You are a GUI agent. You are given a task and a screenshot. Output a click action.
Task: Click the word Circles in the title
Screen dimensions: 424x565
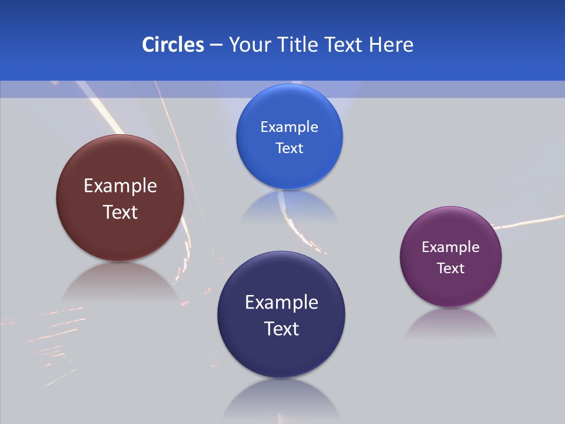click(173, 45)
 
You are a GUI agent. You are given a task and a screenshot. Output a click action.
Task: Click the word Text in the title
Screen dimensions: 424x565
click(344, 45)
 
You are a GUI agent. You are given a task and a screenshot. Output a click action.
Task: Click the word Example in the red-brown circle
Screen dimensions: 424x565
click(120, 185)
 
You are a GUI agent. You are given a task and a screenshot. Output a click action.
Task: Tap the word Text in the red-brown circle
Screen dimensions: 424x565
click(120, 212)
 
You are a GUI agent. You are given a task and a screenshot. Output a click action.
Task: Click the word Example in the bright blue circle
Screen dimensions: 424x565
click(289, 127)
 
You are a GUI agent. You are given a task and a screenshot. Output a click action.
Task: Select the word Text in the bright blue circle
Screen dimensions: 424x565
click(289, 148)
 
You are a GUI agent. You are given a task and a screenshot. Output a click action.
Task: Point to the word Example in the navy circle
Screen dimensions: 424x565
click(281, 302)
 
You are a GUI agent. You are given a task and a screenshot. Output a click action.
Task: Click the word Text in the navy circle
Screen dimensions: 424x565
click(281, 329)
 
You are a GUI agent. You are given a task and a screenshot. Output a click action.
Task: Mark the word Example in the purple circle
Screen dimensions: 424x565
click(451, 247)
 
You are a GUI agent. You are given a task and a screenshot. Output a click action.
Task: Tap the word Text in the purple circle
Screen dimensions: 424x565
click(451, 268)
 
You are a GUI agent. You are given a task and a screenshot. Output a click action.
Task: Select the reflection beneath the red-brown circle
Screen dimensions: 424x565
click(120, 283)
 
